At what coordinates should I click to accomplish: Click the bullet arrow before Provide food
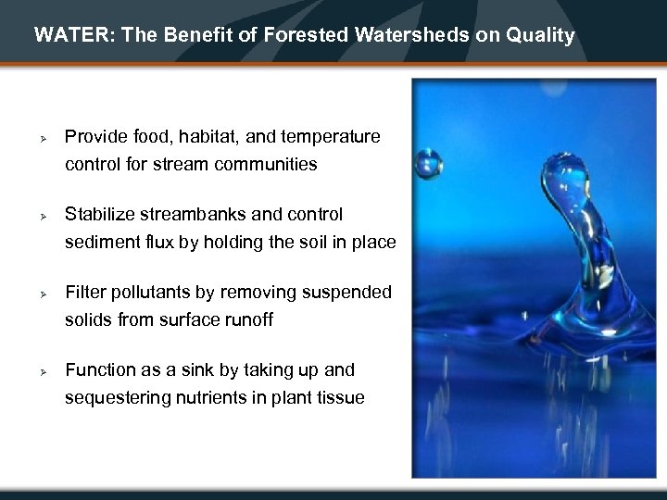pos(43,138)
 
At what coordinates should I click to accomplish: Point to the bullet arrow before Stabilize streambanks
pos(43,216)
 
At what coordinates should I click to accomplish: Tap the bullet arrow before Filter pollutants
pos(43,294)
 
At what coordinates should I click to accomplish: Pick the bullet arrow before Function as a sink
pos(43,371)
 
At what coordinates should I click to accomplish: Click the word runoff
pos(272,320)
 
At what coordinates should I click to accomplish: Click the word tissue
pos(338,398)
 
